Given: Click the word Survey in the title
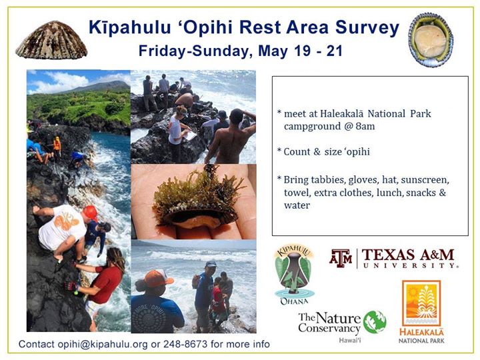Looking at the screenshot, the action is pyautogui.click(x=367, y=28).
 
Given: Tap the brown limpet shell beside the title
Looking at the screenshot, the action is pyautogui.click(x=51, y=40).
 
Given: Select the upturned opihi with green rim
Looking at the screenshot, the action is pyautogui.click(x=431, y=39).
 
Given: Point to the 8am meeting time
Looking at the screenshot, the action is pyautogui.click(x=365, y=126).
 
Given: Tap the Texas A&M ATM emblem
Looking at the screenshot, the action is pyautogui.click(x=341, y=259).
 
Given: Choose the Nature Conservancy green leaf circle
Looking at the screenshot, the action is pyautogui.click(x=375, y=322).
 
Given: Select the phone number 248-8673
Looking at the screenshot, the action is pyautogui.click(x=185, y=344).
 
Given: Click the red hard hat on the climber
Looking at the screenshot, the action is pyautogui.click(x=91, y=213).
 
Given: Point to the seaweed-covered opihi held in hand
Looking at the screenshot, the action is pyautogui.click(x=196, y=199).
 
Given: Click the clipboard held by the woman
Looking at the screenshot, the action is pyautogui.click(x=190, y=135).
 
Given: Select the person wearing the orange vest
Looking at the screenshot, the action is pyautogui.click(x=57, y=147).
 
